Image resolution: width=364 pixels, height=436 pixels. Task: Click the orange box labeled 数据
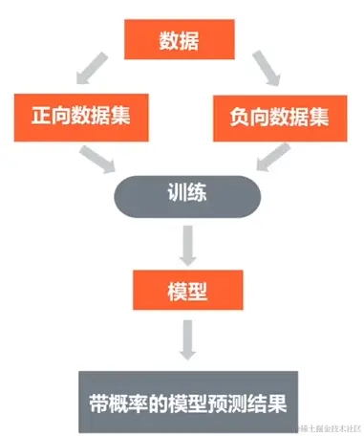click(x=174, y=41)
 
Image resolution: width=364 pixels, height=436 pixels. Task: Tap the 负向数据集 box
click(x=281, y=118)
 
